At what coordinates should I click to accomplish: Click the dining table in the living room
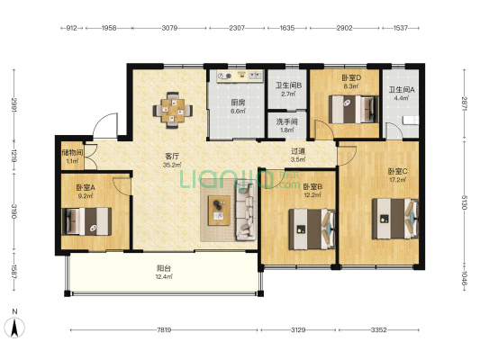(173, 111)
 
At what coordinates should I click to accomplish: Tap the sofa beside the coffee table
(246, 210)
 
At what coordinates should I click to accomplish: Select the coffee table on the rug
(219, 211)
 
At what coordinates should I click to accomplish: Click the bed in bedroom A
(86, 221)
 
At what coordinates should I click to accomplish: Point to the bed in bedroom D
(354, 110)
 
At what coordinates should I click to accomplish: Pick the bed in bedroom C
(395, 219)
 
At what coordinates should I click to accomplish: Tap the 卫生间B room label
(288, 85)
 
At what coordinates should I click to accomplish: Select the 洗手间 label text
(287, 121)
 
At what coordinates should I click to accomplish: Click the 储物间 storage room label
(72, 152)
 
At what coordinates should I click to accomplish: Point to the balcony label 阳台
(164, 268)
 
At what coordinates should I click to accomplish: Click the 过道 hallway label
(298, 151)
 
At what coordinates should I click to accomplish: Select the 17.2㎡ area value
(398, 180)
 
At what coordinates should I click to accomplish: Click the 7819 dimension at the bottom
(164, 330)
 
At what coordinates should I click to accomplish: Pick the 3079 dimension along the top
(169, 28)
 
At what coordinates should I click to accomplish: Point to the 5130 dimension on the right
(465, 202)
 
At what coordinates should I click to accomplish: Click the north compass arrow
(14, 328)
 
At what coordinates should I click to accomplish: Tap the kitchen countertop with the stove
(240, 76)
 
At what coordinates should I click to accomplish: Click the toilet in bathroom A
(411, 121)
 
